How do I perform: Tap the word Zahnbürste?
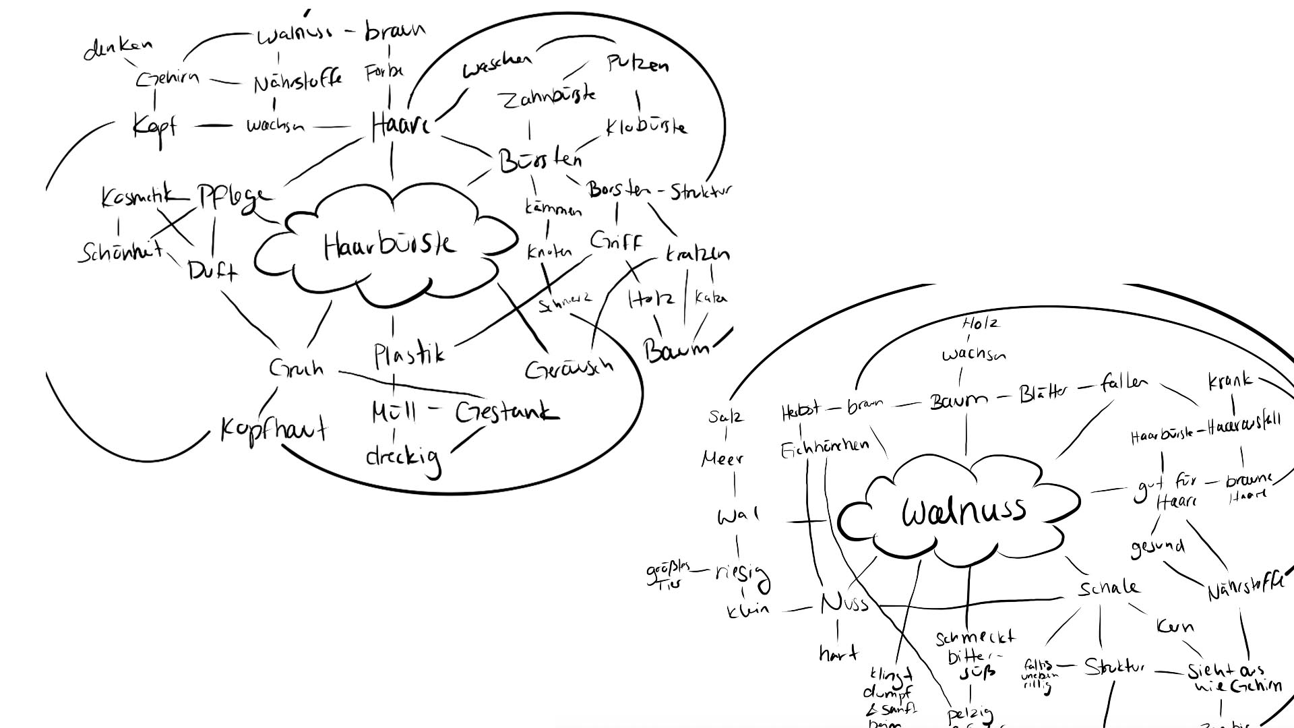point(547,98)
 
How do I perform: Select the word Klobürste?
point(646,126)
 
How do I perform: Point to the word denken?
point(118,48)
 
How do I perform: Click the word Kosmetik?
point(135,197)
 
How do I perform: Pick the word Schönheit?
point(120,251)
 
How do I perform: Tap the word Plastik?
point(409,354)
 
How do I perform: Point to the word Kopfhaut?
point(274,429)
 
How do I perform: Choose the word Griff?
point(616,241)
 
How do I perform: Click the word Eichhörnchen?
point(824,449)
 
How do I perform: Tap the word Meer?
point(722,460)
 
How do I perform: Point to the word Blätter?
point(1043,393)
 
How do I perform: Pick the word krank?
point(1230,381)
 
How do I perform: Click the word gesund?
point(1157,547)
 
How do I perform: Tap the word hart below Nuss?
point(838,653)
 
